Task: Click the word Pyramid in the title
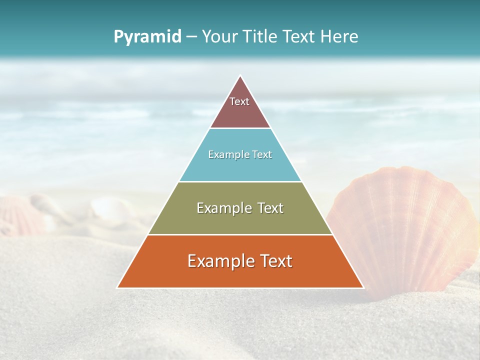pyautogui.click(x=147, y=37)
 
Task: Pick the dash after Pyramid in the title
pyautogui.click(x=191, y=37)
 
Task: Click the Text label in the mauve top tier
pyautogui.click(x=239, y=101)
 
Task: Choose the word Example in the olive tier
pyautogui.click(x=221, y=208)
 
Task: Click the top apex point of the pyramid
pyautogui.click(x=240, y=76)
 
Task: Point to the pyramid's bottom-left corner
pyautogui.click(x=118, y=287)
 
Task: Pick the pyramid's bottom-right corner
pyautogui.click(x=363, y=287)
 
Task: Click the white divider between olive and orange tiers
pyautogui.click(x=240, y=234)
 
